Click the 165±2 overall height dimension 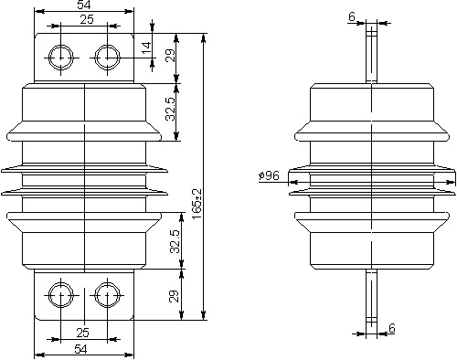[x=197, y=203]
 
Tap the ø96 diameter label [x=269, y=175]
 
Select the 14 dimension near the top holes [x=147, y=48]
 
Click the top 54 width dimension [x=84, y=5]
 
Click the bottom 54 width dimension [x=80, y=349]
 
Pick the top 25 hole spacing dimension [x=87, y=19]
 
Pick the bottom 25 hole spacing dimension [x=82, y=333]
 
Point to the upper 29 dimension [x=172, y=55]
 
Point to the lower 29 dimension [x=174, y=296]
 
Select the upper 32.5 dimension [x=171, y=109]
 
